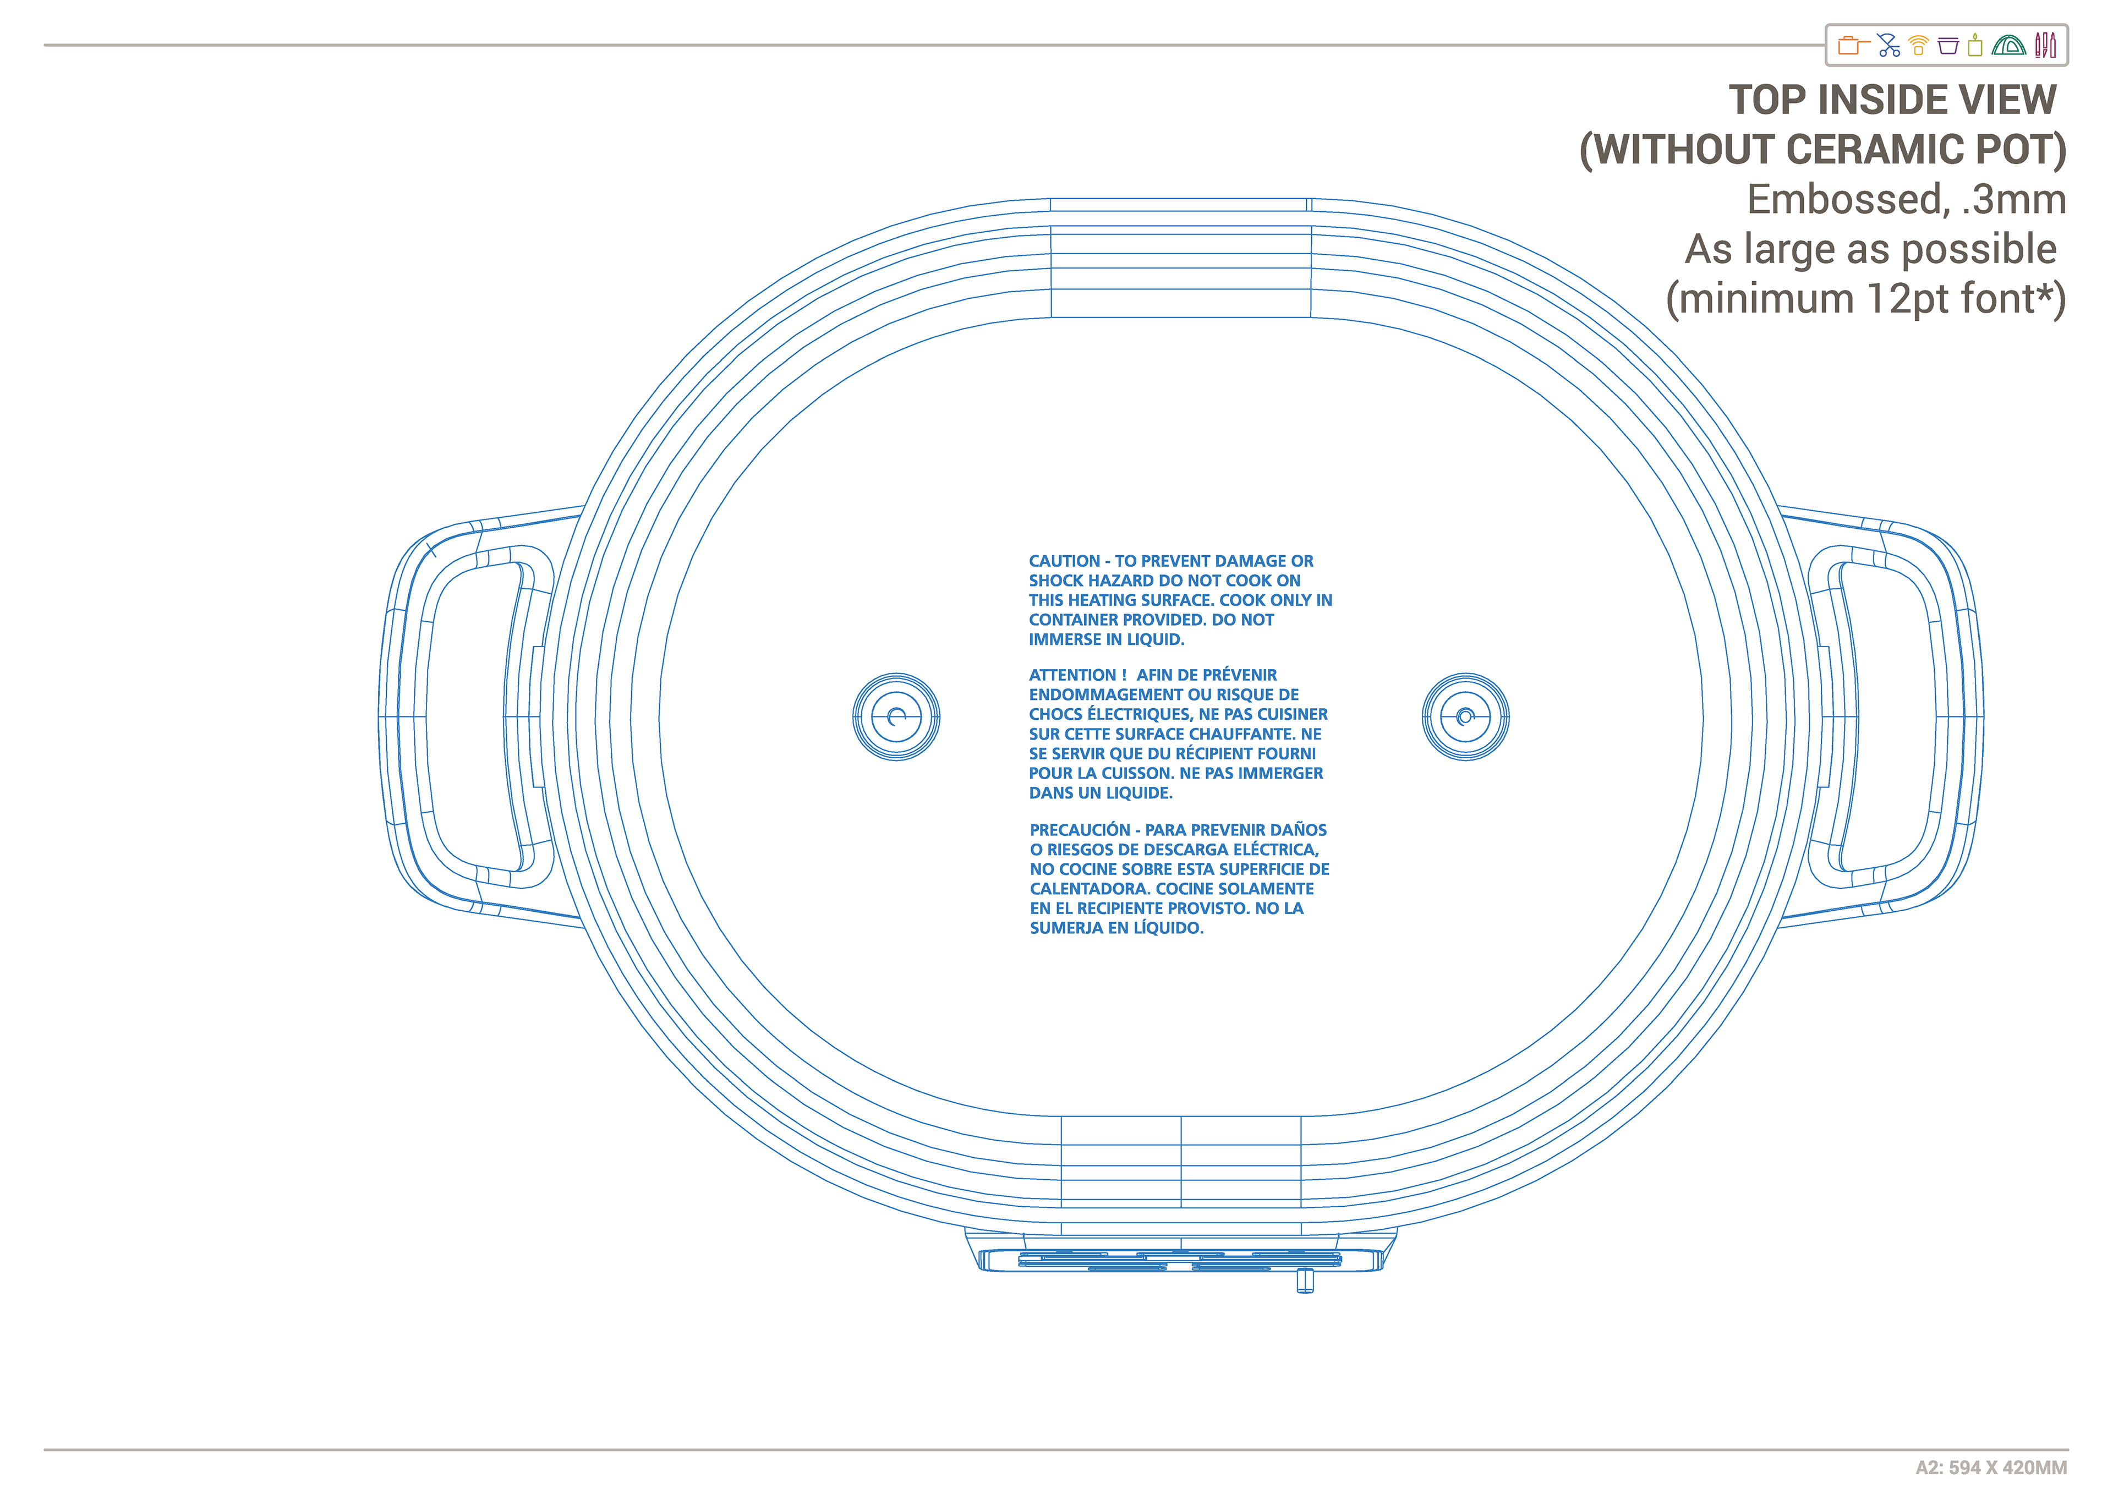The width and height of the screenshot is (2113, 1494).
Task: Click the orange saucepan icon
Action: pos(1852,45)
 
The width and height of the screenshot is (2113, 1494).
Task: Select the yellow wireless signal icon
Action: pos(1919,45)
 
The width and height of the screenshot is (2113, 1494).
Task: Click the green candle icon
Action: pos(1975,45)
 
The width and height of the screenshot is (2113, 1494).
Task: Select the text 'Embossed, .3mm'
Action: pos(1906,200)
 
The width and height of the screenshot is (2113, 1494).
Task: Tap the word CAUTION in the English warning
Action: pos(1064,561)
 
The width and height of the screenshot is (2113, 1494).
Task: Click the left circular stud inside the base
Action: pos(895,716)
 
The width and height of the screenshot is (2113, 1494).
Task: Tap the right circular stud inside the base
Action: pos(1465,716)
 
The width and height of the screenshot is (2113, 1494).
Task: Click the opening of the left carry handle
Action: pos(471,716)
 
